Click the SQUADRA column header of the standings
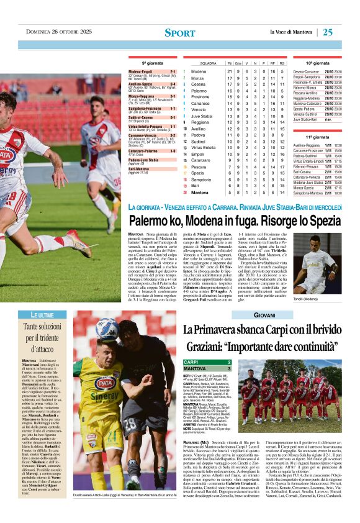[209, 63]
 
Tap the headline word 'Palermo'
[150, 221]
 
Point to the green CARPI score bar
[207, 362]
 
